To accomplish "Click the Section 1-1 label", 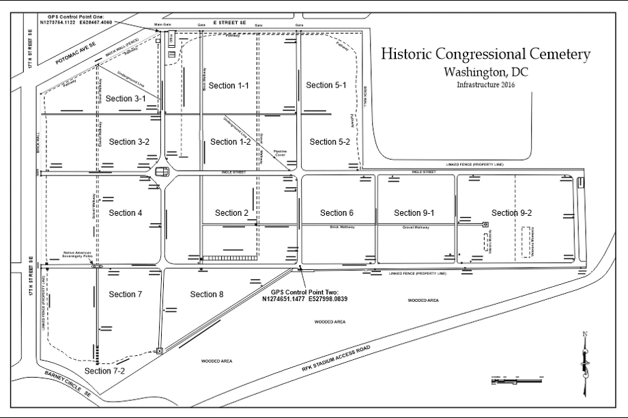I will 229,85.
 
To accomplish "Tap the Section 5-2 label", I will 330,142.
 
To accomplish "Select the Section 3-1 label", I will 127,99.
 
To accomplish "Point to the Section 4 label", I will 126,213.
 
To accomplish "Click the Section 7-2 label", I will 104,370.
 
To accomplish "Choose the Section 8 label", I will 207,294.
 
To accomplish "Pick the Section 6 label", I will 337,213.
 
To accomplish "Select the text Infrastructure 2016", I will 486,85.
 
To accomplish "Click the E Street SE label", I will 229,23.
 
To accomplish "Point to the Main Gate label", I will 162,25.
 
